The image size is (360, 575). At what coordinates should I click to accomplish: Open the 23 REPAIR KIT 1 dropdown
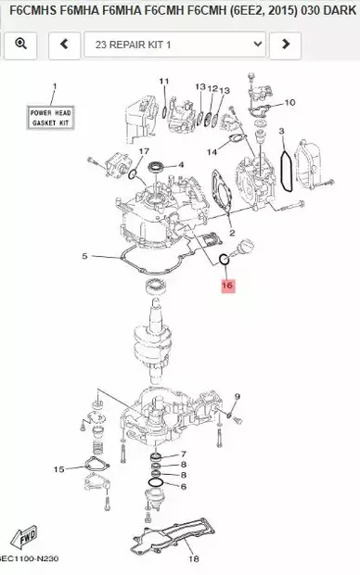point(174,44)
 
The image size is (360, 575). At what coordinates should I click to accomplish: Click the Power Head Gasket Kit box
point(51,118)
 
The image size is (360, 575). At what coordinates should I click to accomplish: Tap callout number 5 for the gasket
point(84,255)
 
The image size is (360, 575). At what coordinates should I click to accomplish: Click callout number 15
point(59,469)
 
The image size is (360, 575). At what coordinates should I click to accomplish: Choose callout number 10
point(289,102)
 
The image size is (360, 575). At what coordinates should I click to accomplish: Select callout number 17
point(144,151)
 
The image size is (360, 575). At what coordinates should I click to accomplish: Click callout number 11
point(164,82)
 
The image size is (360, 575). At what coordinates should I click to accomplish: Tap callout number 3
point(281,132)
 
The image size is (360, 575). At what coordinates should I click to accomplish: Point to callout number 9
point(237,397)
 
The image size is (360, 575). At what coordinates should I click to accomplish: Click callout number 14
point(212,151)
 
